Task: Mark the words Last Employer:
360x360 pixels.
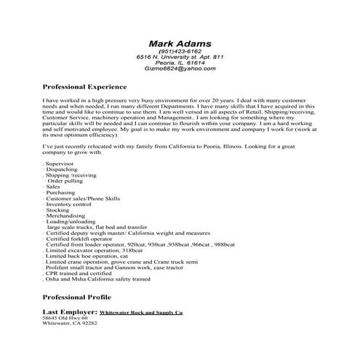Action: coord(68,311)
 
